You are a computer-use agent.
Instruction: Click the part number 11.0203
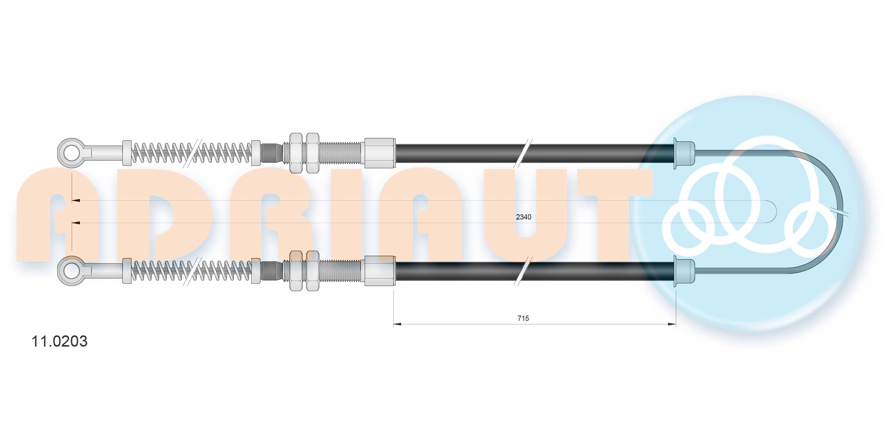59,341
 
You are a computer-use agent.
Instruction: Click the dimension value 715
523,318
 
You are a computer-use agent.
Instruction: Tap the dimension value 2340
523,217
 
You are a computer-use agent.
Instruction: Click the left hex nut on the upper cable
296,153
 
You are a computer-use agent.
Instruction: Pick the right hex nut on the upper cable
313,153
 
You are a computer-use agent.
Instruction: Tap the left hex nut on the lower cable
296,271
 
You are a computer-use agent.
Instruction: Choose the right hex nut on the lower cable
313,271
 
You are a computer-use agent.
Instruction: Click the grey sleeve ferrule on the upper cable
380,153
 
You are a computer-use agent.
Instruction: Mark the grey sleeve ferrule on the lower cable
380,271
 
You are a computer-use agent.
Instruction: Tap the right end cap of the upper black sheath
684,153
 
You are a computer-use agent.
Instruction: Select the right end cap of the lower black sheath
684,271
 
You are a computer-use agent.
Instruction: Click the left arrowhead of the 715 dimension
397,324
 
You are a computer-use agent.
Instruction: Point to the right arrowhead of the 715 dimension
672,324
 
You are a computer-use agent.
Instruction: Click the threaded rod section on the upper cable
342,153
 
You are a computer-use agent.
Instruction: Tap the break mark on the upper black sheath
523,153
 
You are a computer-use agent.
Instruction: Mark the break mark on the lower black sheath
523,271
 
